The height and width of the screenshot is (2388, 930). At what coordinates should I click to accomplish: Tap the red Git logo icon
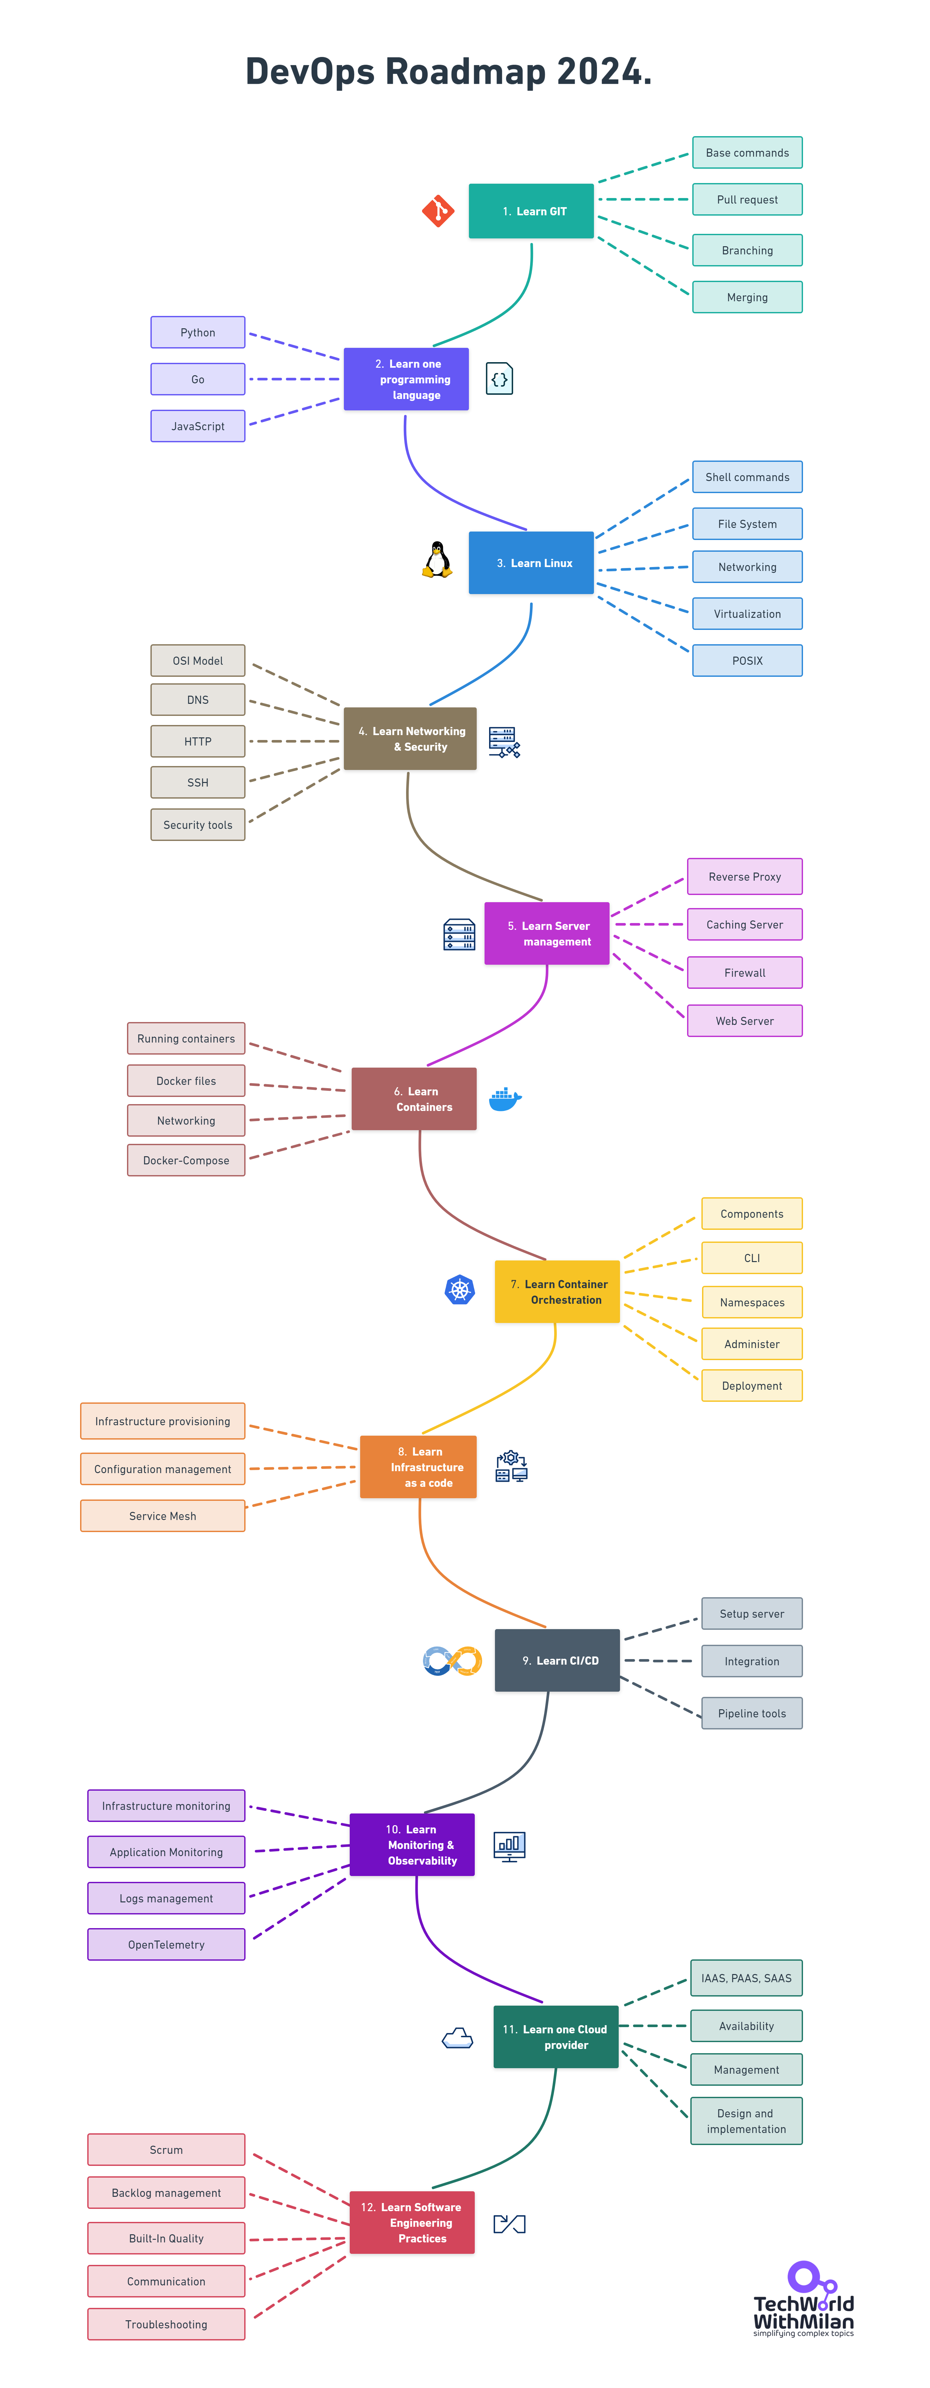coord(438,210)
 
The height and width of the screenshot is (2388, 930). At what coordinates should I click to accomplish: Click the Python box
coord(198,332)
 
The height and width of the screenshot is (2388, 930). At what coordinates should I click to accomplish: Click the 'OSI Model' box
coord(198,660)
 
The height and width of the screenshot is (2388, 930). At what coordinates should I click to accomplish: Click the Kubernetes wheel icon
coord(460,1289)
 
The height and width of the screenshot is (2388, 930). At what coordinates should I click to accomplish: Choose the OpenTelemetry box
coord(166,1944)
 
